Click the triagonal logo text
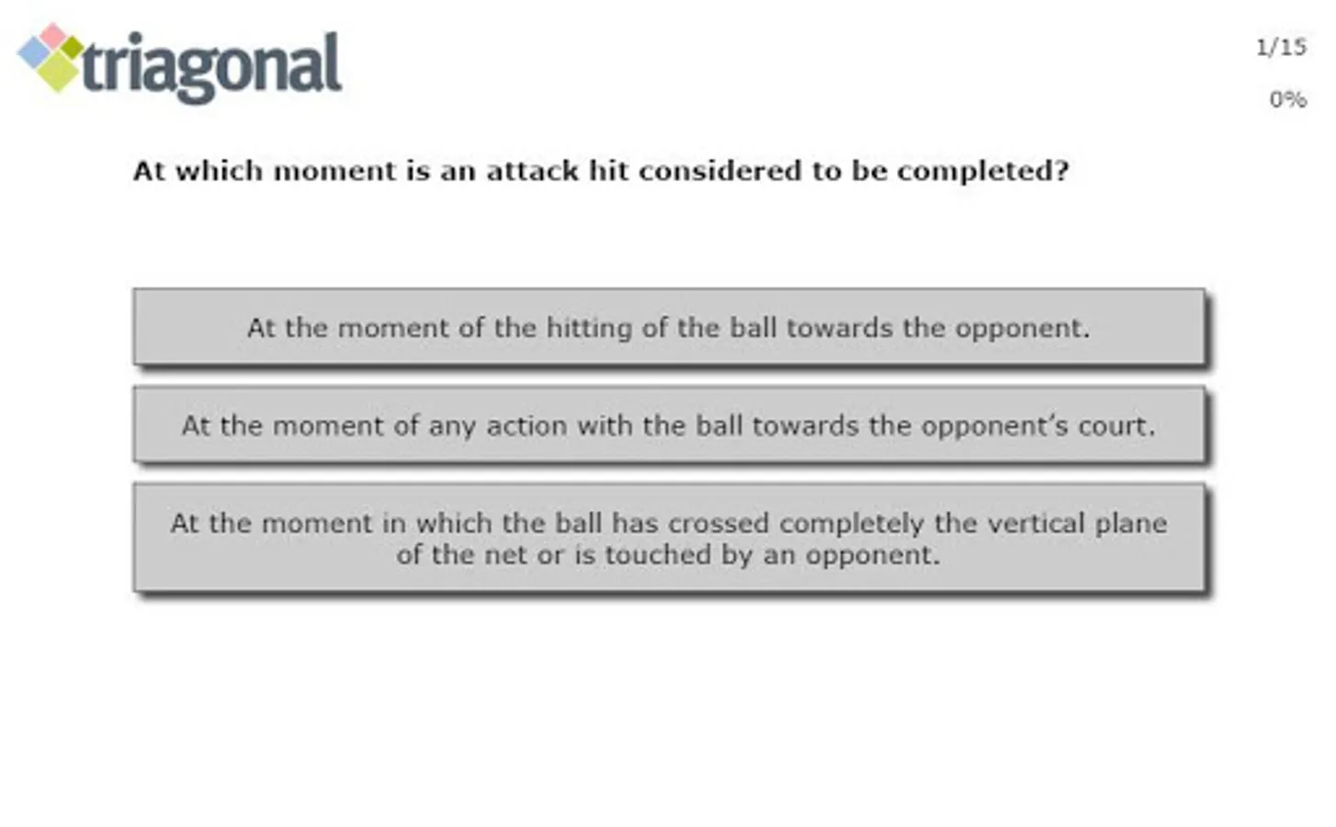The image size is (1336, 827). [x=211, y=67]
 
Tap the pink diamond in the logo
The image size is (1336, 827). [x=53, y=36]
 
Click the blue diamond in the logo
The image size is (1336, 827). [x=35, y=53]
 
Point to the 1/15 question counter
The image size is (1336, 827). [x=1281, y=48]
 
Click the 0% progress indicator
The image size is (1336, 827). [x=1288, y=99]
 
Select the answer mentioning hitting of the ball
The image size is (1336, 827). [x=669, y=327]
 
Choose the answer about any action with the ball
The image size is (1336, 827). [x=669, y=425]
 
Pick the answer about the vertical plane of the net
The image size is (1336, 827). [x=669, y=538]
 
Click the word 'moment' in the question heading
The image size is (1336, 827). [x=334, y=171]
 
